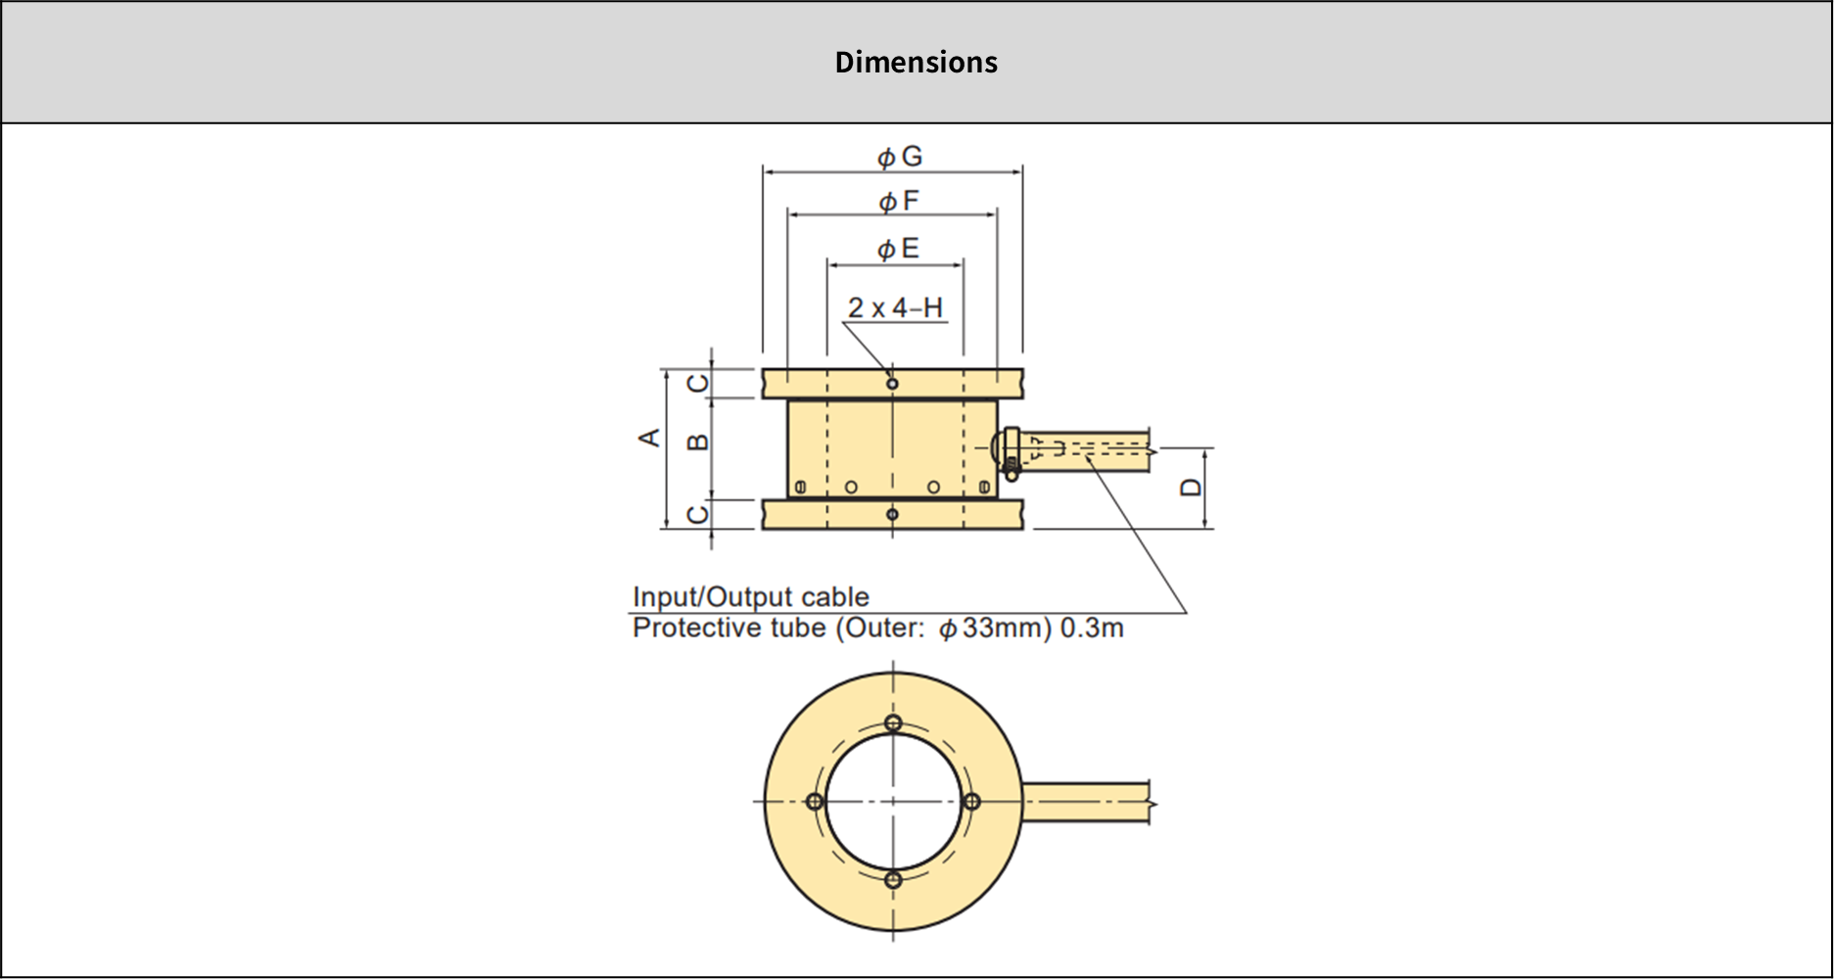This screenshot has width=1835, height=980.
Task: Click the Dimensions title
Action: click(916, 62)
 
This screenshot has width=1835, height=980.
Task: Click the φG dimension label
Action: click(899, 157)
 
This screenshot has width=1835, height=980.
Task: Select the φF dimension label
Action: click(899, 202)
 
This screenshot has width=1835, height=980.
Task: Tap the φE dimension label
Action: click(898, 249)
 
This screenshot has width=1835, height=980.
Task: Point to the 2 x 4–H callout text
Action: click(895, 307)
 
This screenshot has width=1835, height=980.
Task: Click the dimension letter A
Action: click(649, 438)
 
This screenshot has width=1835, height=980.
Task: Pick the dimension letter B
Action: click(697, 443)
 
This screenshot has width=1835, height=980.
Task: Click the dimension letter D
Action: click(1191, 488)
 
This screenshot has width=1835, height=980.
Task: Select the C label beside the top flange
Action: click(697, 383)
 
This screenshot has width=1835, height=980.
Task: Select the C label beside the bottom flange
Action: click(697, 515)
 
